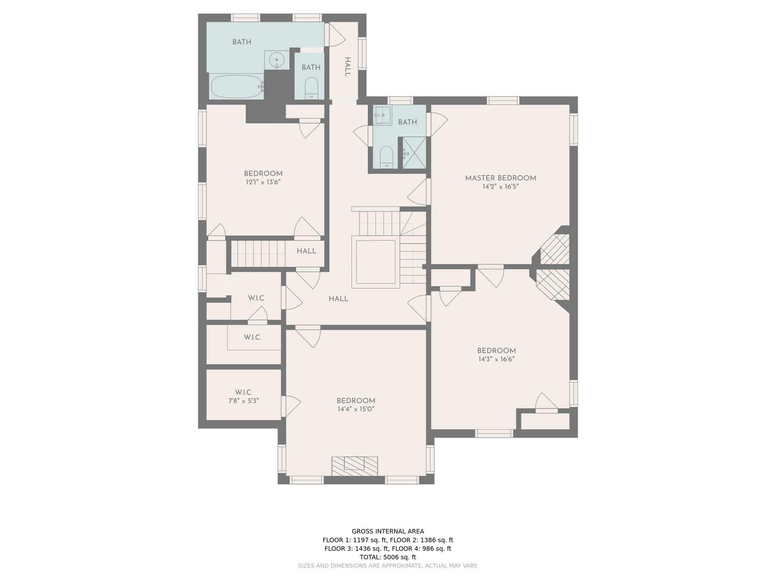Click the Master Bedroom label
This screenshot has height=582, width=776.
[500, 178]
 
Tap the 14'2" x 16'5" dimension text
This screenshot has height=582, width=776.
[500, 187]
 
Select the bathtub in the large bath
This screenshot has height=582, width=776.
[236, 86]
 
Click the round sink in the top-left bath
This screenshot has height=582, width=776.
[277, 60]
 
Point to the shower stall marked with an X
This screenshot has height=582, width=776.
[414, 153]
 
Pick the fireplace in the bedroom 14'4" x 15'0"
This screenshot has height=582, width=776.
[354, 466]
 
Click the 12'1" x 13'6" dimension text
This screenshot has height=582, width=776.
[263, 182]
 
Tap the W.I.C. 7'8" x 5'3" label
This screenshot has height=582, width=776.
[243, 397]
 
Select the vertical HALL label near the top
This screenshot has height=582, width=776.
[347, 67]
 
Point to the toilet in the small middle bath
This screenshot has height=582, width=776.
[311, 88]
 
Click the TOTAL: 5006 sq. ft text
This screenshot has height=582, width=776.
[388, 557]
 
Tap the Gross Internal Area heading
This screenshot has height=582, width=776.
[388, 531]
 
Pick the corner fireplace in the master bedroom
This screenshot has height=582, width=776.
[555, 249]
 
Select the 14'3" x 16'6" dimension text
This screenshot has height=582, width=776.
[496, 359]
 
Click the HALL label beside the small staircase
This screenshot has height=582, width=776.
[306, 251]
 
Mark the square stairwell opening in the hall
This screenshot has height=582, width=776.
[375, 261]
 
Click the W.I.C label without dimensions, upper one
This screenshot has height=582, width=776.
[256, 298]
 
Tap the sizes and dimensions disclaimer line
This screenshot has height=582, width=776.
[388, 566]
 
